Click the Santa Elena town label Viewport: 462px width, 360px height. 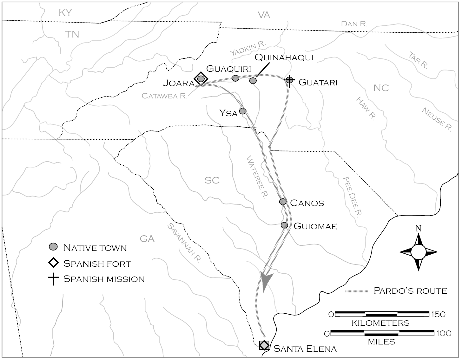coord(305,349)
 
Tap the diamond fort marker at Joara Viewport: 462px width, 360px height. coord(201,78)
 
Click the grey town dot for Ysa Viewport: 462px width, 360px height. coord(243,111)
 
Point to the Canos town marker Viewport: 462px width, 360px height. coord(283,202)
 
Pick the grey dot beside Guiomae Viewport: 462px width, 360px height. coord(284,225)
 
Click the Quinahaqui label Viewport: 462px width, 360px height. coord(284,57)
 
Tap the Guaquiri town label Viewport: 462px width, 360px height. coord(228,69)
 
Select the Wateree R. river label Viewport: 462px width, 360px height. coord(255,177)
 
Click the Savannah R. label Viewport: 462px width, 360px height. coord(184,243)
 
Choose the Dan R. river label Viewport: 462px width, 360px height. coord(354,24)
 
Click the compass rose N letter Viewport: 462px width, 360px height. coord(419,229)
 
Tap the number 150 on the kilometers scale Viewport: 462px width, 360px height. coord(438,314)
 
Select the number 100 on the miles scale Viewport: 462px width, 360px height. coord(443,333)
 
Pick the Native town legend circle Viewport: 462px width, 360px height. coord(53,247)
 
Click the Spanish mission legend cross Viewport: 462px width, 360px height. coord(53,279)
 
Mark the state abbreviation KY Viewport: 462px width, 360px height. coord(65,13)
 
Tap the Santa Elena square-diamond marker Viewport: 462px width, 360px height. coord(264,345)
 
